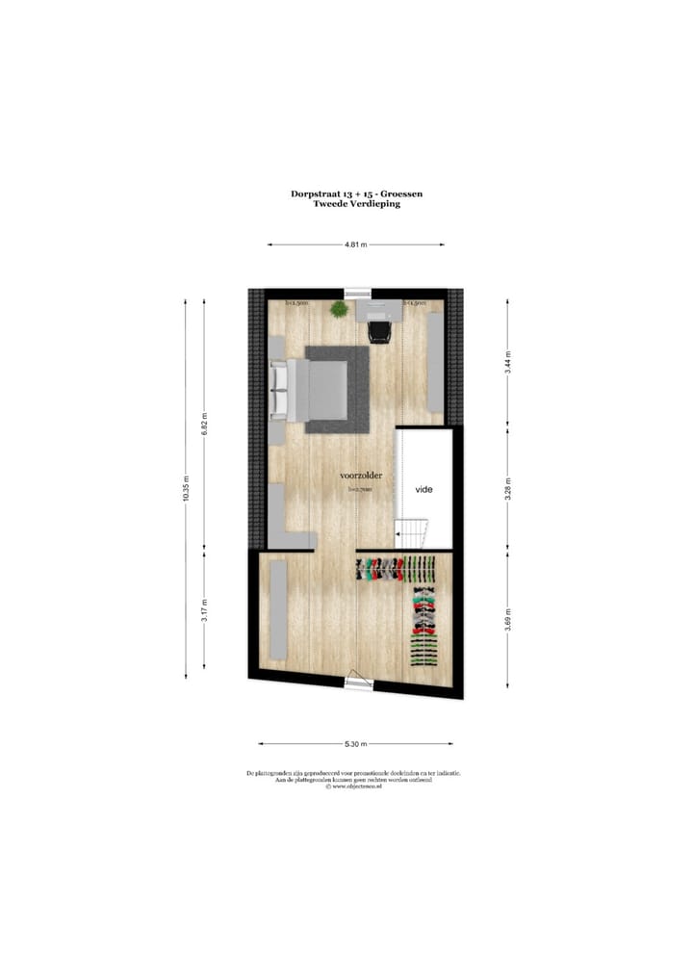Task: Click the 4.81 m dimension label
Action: [356, 245]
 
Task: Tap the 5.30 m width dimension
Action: [356, 744]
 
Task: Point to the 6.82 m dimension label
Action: [205, 424]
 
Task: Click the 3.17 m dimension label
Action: [205, 611]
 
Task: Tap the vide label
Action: [424, 490]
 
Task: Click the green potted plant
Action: [339, 309]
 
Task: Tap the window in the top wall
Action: [358, 292]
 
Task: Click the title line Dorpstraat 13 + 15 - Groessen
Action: [356, 193]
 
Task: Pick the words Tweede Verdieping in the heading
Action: [356, 204]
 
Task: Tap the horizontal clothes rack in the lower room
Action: [393, 569]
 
